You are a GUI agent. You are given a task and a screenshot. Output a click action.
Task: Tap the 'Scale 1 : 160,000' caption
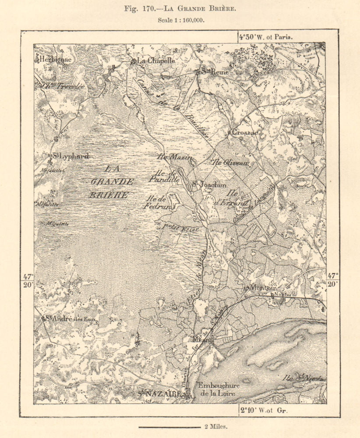point(180,20)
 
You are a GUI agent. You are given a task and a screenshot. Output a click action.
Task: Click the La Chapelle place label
point(156,61)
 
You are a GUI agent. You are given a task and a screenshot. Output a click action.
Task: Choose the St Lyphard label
point(71,156)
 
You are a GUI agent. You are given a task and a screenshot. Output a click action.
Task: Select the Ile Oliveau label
point(230,162)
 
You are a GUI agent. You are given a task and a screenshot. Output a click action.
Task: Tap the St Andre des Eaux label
point(70,319)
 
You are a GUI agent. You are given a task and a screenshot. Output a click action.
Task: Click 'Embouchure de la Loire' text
point(217,390)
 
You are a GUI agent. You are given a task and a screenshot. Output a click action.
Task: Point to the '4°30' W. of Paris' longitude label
point(265,37)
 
